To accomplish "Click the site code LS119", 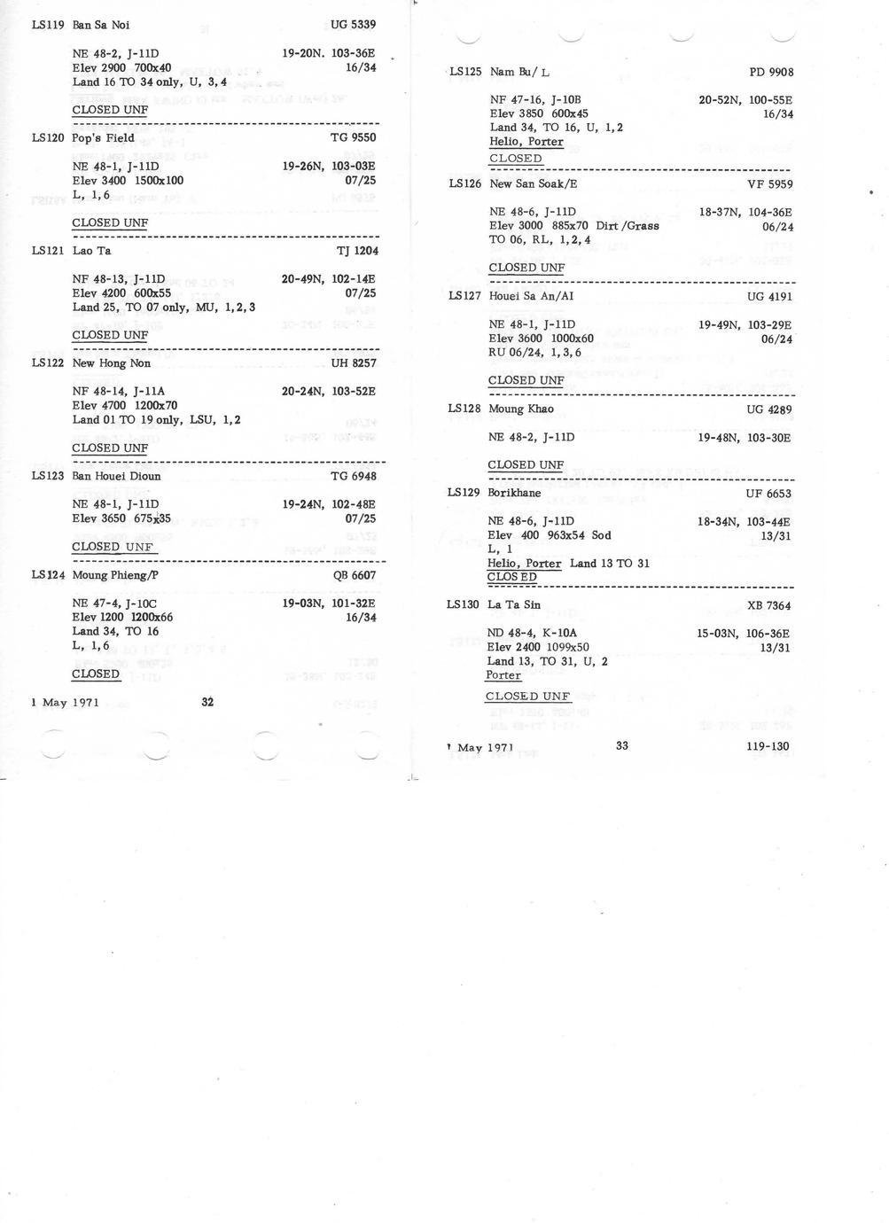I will [47, 25].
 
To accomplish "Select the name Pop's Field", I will [103, 137].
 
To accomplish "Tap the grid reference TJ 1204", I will [356, 251].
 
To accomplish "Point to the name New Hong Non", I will [111, 363].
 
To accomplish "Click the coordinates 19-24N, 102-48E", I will [329, 504].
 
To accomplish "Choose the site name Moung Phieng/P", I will [115, 575].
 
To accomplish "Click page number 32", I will [207, 702].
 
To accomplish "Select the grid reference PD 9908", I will [770, 73].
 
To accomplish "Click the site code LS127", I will [464, 296].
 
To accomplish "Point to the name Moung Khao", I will [520, 409].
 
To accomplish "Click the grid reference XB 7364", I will [768, 606].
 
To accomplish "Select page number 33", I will [621, 746].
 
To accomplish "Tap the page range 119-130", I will [768, 746].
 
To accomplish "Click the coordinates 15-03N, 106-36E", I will [743, 634].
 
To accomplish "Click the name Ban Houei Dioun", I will [116, 476].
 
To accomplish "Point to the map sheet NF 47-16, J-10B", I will [534, 100].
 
